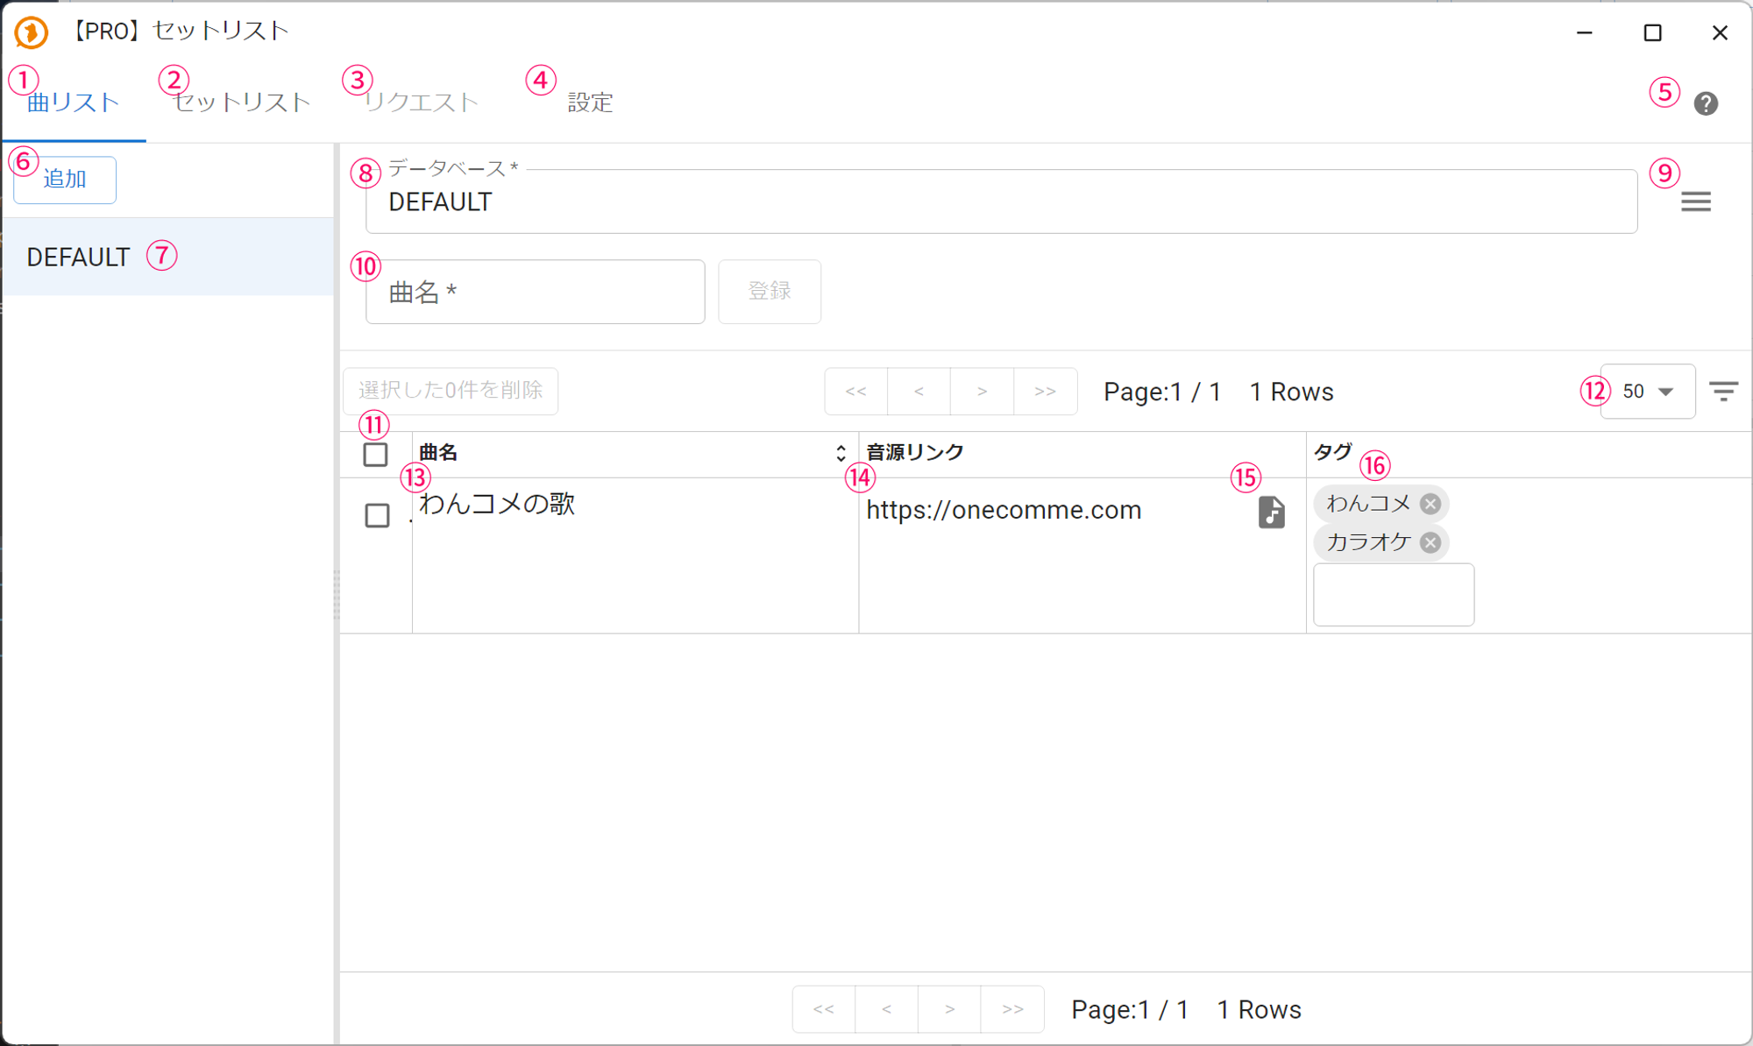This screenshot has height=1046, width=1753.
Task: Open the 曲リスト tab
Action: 74,102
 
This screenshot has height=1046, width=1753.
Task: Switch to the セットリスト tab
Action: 242,102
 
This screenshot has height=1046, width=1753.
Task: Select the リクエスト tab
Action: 422,102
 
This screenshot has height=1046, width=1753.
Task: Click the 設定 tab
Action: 590,102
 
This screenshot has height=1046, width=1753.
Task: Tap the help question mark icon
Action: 1706,103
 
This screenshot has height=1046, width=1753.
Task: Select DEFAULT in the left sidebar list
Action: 79,257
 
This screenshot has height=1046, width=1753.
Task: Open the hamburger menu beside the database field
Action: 1696,202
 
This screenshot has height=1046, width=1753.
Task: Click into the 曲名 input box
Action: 535,292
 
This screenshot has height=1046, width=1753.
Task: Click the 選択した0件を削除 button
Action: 451,391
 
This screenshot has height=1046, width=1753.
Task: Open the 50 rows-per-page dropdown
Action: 1648,392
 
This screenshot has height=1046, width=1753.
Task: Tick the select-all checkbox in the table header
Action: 375,455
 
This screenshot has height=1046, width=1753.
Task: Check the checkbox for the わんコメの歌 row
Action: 377,515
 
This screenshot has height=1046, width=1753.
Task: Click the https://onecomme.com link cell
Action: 1004,510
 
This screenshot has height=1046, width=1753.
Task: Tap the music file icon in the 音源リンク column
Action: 1272,512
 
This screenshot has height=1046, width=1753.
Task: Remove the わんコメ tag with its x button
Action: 1430,504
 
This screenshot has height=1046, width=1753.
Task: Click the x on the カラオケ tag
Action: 1430,542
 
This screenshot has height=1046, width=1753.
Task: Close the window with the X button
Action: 1720,32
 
